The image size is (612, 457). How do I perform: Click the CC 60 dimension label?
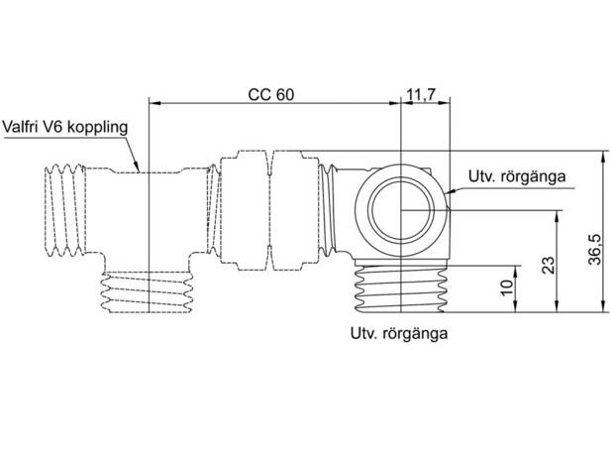[271, 94]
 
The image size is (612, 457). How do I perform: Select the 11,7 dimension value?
[421, 94]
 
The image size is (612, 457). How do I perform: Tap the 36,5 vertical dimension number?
[595, 250]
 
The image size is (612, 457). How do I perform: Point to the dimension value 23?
[549, 266]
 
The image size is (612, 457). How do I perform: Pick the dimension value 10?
[507, 288]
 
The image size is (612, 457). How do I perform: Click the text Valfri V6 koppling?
[65, 127]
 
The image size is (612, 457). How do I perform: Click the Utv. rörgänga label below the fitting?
[399, 333]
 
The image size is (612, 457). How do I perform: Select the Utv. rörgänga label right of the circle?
[517, 176]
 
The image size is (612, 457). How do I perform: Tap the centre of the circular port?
[401, 210]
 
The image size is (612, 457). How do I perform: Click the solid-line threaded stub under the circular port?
[400, 288]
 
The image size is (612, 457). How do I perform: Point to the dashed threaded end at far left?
[64, 210]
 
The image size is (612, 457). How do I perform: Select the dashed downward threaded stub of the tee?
[148, 292]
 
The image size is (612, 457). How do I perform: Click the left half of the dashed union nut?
[245, 211]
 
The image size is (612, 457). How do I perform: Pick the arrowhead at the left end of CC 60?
[155, 103]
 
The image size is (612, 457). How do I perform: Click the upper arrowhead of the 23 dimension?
[557, 216]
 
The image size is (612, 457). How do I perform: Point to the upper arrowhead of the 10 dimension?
[516, 272]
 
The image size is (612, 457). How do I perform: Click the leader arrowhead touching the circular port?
[450, 191]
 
